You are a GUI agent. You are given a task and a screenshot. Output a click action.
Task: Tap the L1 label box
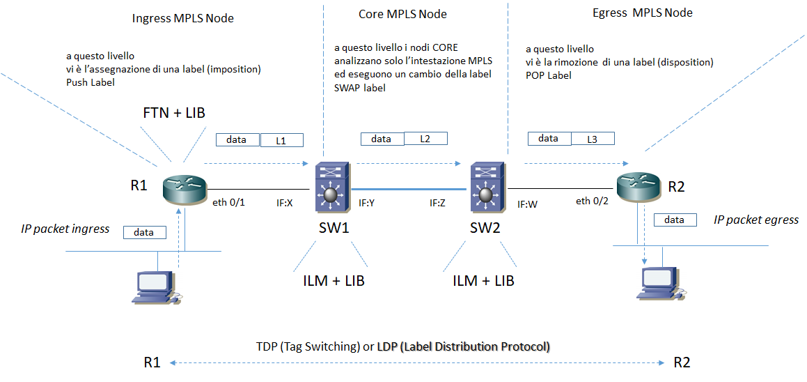(282, 141)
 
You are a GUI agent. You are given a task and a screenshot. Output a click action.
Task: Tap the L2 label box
(425, 139)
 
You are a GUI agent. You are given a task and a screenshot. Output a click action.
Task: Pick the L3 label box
(592, 139)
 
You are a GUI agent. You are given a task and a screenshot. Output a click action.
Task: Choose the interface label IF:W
(527, 204)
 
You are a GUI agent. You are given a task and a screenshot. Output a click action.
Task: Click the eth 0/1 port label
(228, 203)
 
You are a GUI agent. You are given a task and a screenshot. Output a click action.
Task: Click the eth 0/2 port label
(593, 201)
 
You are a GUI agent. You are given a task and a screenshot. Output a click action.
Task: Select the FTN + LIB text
(173, 112)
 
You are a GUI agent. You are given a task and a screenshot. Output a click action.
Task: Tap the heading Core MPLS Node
(402, 14)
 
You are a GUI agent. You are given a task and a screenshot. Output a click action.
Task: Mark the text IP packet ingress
(64, 229)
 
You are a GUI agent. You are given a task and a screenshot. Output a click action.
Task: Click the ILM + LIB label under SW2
(483, 281)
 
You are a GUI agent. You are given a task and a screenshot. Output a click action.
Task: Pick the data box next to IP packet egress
(675, 220)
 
